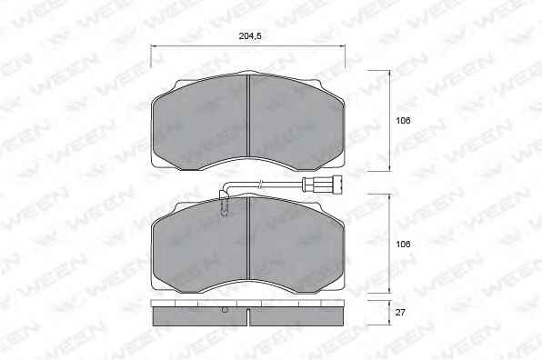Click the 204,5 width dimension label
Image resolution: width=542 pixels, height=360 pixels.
[x=250, y=36]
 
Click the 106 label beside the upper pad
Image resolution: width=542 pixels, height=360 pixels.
[x=403, y=121]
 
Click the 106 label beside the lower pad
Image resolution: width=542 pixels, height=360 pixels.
[x=403, y=244]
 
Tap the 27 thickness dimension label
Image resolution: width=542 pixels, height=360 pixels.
[x=400, y=313]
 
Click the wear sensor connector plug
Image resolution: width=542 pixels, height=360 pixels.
[x=322, y=184]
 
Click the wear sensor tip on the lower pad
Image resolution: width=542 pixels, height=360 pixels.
[x=225, y=210]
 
